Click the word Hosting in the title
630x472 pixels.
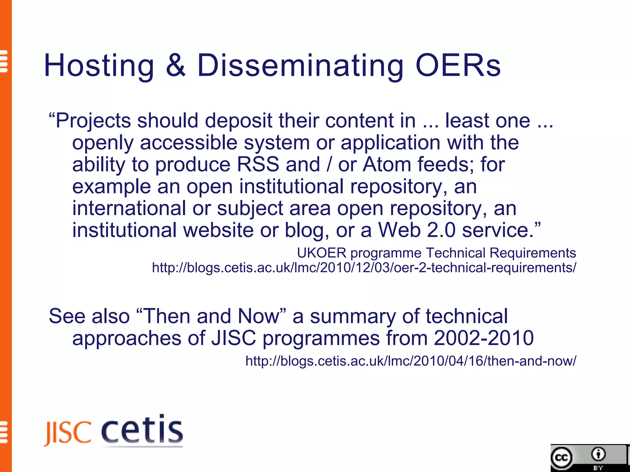(99, 65)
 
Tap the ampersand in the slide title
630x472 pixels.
(176, 65)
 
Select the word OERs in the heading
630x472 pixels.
(458, 65)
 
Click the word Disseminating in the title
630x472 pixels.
(300, 65)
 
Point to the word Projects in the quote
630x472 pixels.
(93, 120)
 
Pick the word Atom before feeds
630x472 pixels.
(387, 164)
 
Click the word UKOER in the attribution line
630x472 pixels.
(322, 253)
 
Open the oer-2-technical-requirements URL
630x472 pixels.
(364, 268)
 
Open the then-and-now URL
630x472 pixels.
(411, 361)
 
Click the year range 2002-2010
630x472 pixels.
(484, 338)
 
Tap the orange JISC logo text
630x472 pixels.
(68, 433)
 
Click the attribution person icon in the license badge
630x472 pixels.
(598, 454)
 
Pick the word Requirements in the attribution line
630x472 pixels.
(532, 253)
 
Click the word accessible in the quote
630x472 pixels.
(189, 143)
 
